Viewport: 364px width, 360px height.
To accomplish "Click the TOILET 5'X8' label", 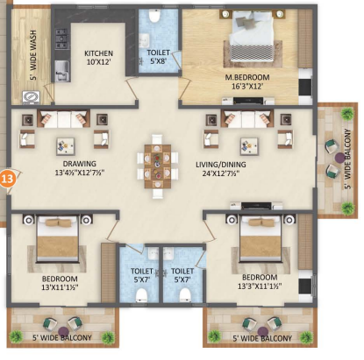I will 159,57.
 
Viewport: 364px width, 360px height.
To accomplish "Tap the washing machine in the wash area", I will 32,97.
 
